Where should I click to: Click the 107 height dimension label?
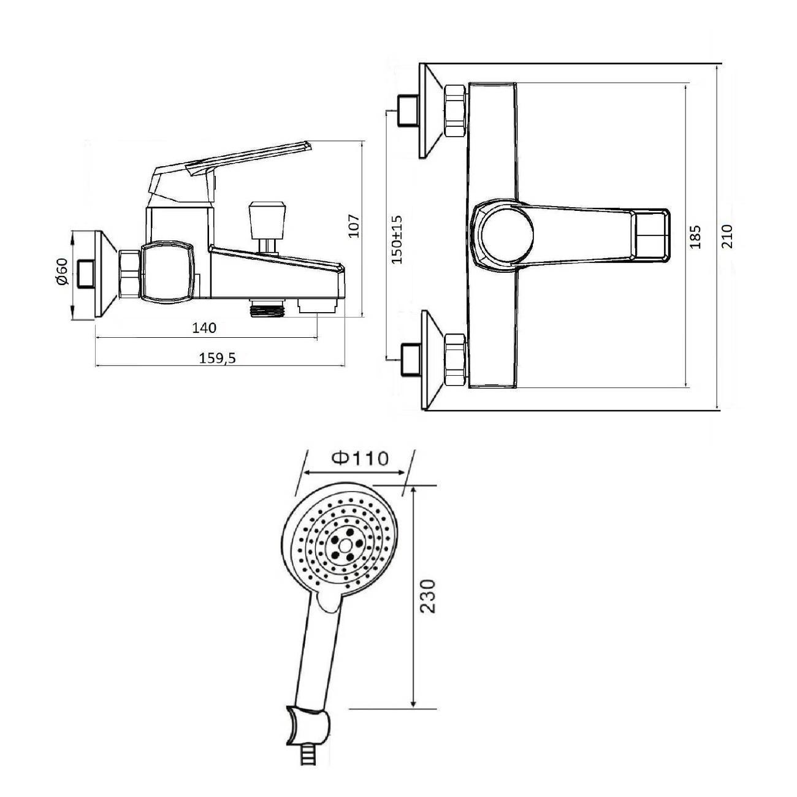(354, 226)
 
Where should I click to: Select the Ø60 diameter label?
(61, 272)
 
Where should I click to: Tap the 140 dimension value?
(204, 327)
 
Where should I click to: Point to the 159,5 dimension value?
(217, 358)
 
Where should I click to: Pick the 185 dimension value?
(695, 237)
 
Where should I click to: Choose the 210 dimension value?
(726, 236)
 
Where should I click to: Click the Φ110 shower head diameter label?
(360, 459)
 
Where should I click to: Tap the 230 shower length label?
(428, 596)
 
